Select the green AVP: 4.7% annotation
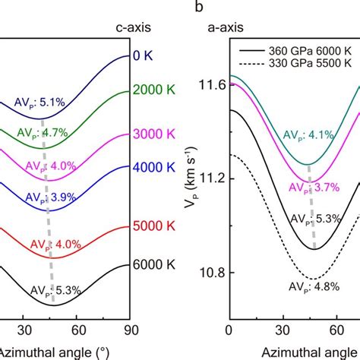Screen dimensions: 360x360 click(x=42, y=132)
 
